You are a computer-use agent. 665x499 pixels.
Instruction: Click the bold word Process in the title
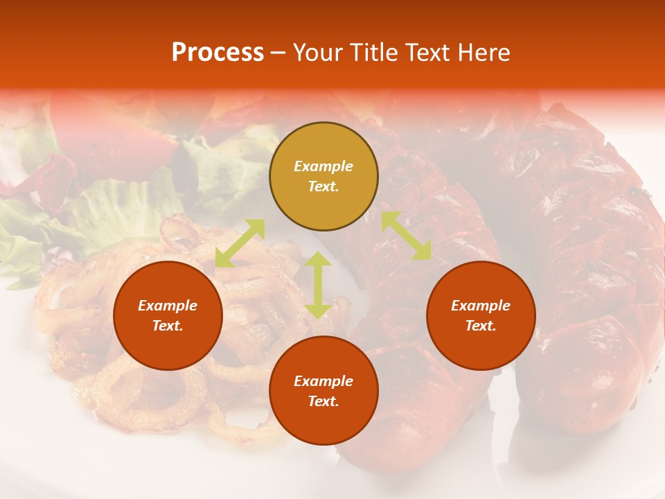pyautogui.click(x=218, y=53)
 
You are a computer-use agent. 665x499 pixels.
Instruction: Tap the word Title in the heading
pyautogui.click(x=376, y=53)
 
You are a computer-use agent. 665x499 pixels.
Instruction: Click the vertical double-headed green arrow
pyautogui.click(x=318, y=285)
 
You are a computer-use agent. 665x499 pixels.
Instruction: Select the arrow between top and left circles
pyautogui.click(x=240, y=243)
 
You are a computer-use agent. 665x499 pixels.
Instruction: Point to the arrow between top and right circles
pyautogui.click(x=406, y=236)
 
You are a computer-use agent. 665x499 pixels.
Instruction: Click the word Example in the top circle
pyautogui.click(x=323, y=166)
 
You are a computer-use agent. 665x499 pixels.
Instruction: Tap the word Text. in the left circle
pyautogui.click(x=168, y=326)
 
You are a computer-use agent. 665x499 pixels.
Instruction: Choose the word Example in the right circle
pyautogui.click(x=481, y=306)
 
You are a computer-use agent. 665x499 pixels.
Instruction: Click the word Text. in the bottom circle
pyautogui.click(x=323, y=401)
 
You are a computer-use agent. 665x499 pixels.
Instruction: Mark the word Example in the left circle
pyautogui.click(x=168, y=306)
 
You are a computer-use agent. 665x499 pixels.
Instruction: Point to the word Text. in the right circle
pyautogui.click(x=481, y=326)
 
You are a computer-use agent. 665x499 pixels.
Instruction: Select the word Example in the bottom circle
pyautogui.click(x=323, y=381)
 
